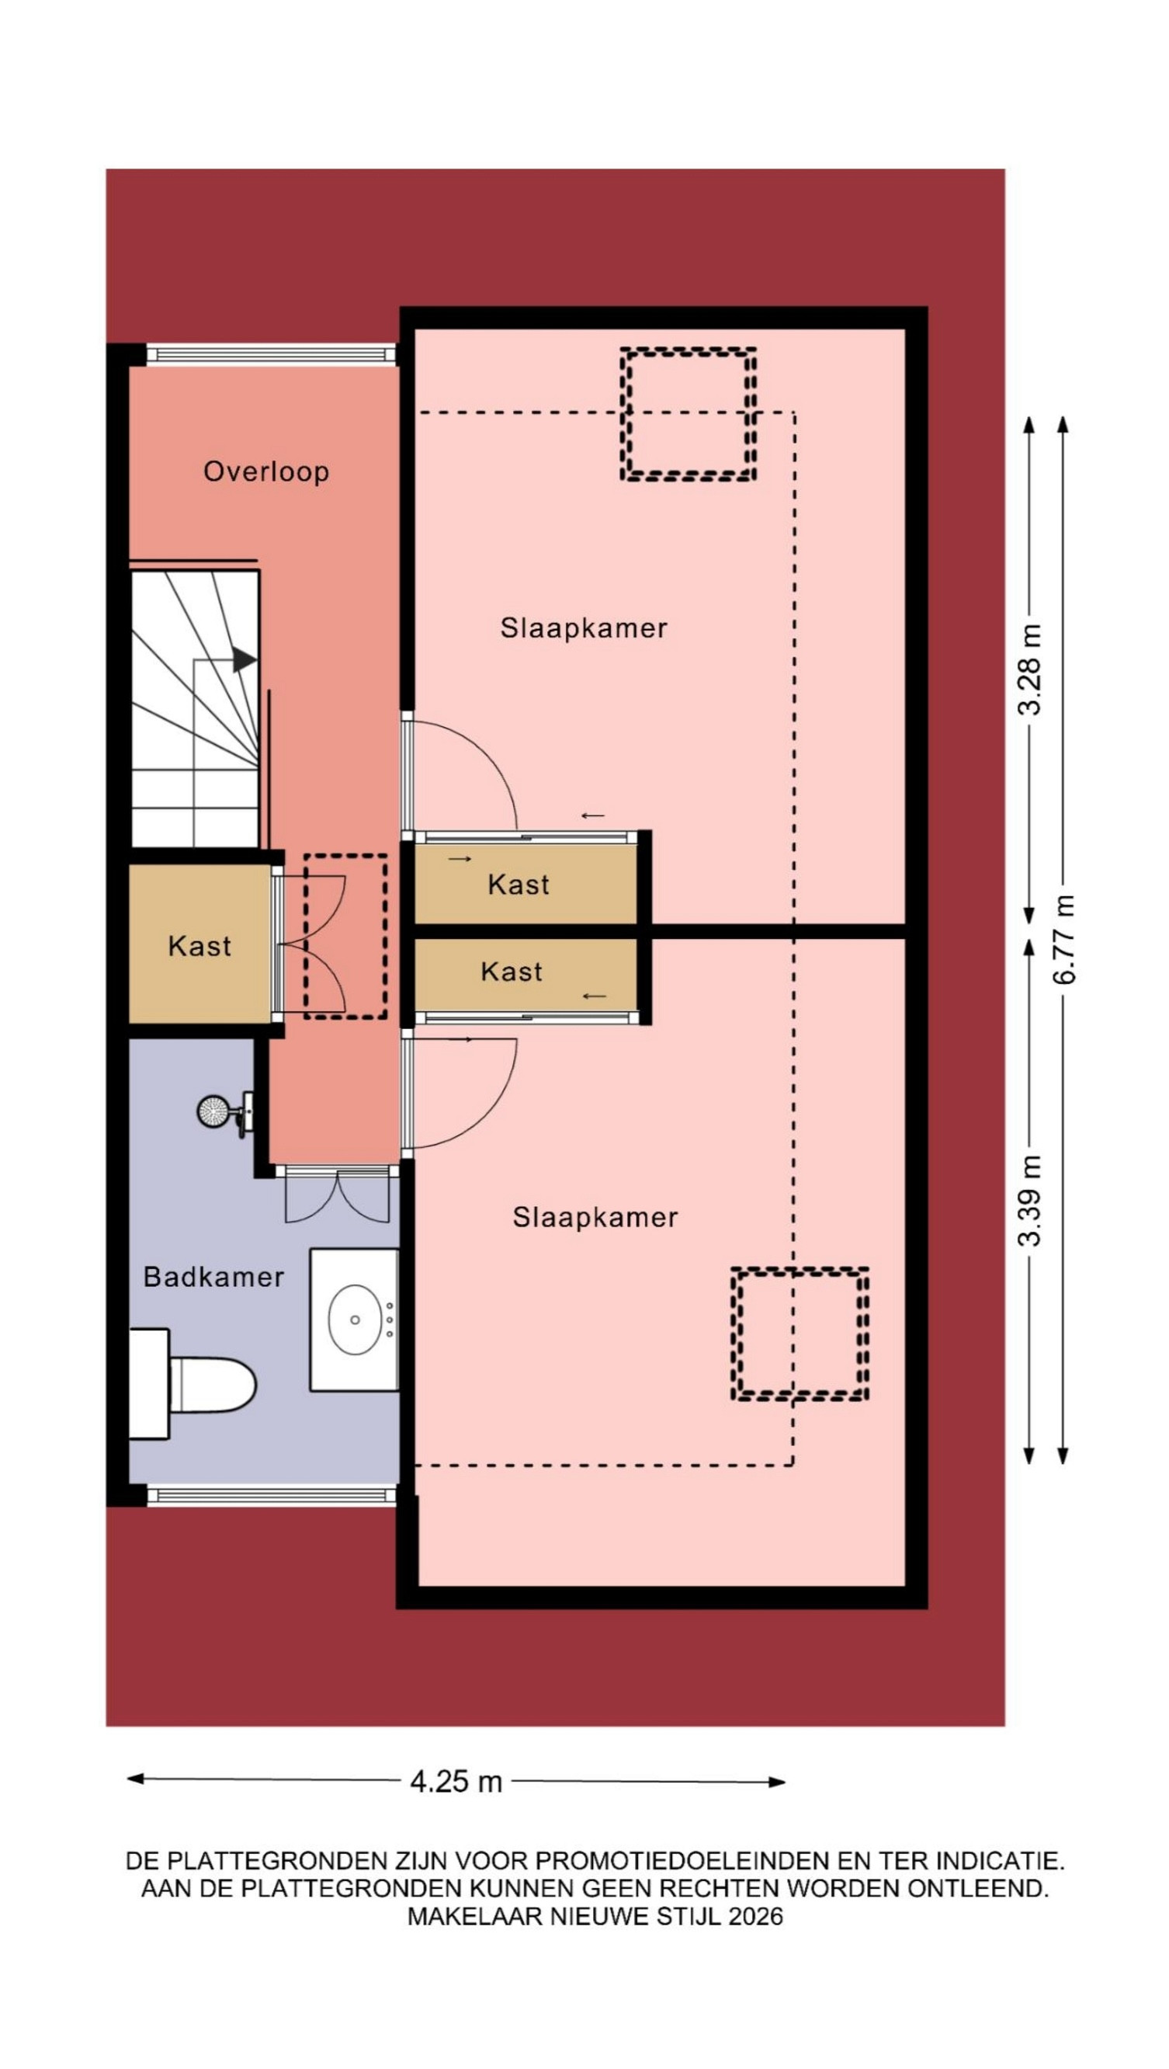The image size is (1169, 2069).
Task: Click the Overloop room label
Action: [x=265, y=471]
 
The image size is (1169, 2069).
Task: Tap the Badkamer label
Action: [x=213, y=1276]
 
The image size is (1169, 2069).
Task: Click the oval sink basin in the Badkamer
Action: [x=354, y=1320]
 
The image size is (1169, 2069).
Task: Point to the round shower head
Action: [x=213, y=1111]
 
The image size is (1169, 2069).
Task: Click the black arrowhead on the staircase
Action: [x=244, y=660]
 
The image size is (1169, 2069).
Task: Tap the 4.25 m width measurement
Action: [x=456, y=1782]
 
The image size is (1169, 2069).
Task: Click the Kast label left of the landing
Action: [x=199, y=946]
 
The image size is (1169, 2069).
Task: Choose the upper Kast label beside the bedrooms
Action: [x=519, y=885]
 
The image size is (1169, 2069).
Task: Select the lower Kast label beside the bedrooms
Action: [x=512, y=972]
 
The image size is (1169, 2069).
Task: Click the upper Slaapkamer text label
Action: [x=584, y=628]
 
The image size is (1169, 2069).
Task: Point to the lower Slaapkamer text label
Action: [x=595, y=1218]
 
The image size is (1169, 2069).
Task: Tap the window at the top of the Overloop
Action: [x=272, y=354]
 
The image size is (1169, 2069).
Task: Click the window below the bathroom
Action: [x=272, y=1496]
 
